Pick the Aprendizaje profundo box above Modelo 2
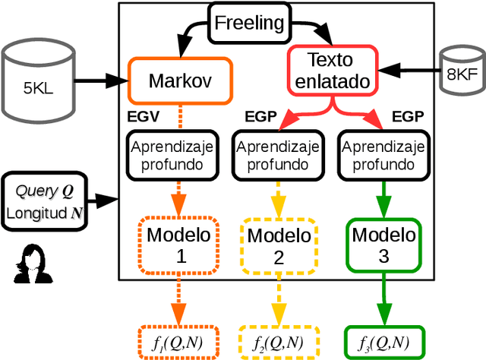278,154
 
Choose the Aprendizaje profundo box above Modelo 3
383,154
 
